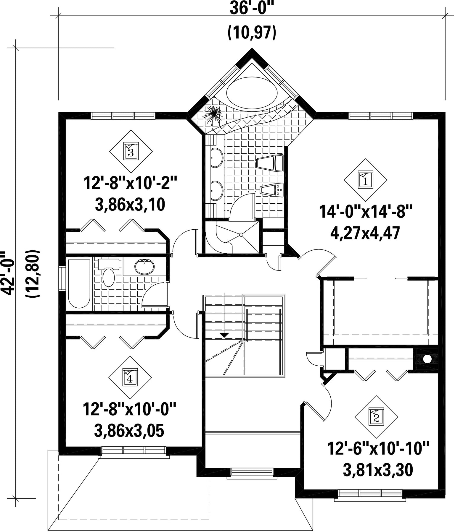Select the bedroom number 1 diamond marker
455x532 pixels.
[366, 180]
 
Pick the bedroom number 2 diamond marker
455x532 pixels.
[376, 417]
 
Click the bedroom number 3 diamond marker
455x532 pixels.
[131, 152]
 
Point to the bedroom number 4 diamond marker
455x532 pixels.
[130, 377]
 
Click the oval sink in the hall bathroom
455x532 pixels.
[144, 266]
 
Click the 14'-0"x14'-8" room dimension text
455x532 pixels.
[366, 212]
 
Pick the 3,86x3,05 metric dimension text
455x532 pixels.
[129, 431]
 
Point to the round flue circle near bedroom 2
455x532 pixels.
[427, 359]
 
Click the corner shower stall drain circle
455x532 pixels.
[241, 235]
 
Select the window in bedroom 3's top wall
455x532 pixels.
[123, 116]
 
